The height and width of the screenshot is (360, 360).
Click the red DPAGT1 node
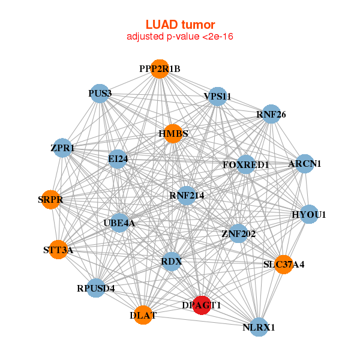tap(202, 305)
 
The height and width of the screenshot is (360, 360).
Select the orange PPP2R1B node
tap(160, 69)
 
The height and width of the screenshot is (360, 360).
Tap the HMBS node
tap(173, 133)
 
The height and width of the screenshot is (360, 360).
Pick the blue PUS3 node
tap(100, 93)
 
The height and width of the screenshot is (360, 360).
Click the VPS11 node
tap(217, 96)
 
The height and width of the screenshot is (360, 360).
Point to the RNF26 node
tap(271, 114)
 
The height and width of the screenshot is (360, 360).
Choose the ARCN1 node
tap(305, 164)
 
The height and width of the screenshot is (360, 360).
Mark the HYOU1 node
tap(308, 214)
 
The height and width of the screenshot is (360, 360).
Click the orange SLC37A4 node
tap(284, 264)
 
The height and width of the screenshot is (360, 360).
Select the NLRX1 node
tap(259, 327)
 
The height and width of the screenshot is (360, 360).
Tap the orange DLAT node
tap(143, 315)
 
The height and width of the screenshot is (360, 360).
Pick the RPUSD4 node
tap(96, 288)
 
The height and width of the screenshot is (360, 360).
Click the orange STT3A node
tap(58, 250)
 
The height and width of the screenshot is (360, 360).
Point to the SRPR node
tap(52, 199)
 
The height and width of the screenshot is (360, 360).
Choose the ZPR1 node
tap(63, 148)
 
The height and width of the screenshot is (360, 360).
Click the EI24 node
tap(118, 159)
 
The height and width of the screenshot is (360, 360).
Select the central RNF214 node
tap(187, 195)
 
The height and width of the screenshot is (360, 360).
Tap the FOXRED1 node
tap(245, 164)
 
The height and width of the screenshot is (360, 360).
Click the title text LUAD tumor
tap(180, 25)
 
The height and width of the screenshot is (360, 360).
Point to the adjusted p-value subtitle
tap(180, 37)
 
